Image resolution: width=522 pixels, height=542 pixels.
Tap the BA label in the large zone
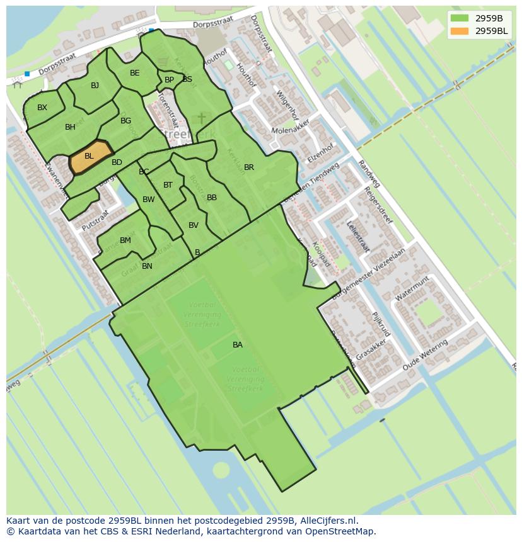238,345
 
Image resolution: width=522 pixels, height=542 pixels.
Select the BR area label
249,167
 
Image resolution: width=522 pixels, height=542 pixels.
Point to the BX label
42,108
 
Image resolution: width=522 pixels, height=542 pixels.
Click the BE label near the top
134,73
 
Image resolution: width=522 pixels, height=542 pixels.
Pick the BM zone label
125,240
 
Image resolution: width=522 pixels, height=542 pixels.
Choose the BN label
147,266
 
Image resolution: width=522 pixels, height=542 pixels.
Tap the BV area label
194,225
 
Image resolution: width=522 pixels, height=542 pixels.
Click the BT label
168,185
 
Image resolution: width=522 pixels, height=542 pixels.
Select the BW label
149,200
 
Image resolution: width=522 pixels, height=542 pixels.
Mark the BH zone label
70,127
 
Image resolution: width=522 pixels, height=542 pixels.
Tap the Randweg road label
369,173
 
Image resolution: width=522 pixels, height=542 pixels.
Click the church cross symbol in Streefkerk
202,118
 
